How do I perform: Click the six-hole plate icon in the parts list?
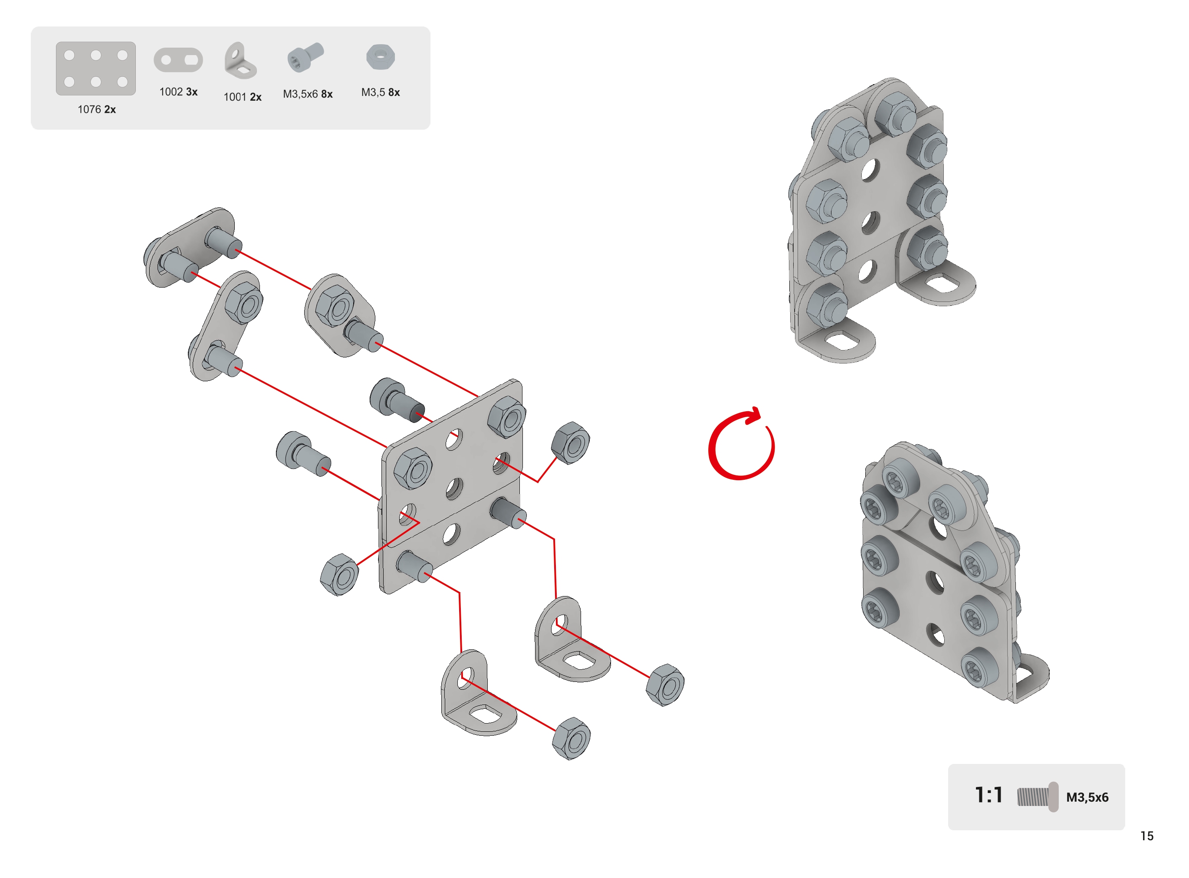coord(95,69)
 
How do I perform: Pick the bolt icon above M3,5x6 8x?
coord(305,57)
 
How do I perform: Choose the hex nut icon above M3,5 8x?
coord(381,57)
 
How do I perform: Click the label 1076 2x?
coord(97,109)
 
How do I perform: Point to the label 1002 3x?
coord(179,92)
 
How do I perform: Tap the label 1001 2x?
coord(243,97)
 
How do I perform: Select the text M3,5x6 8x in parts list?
coord(308,94)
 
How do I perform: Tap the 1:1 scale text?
coord(989,796)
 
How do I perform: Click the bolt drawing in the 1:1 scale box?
coord(1038,797)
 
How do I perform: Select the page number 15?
coord(1147,836)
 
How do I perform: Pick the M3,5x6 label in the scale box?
coord(1087,797)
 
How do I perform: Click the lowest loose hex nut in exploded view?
coord(572,738)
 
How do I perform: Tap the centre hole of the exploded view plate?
coord(454,488)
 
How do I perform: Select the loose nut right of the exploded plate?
coord(570,443)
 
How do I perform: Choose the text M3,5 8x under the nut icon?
coord(381,92)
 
